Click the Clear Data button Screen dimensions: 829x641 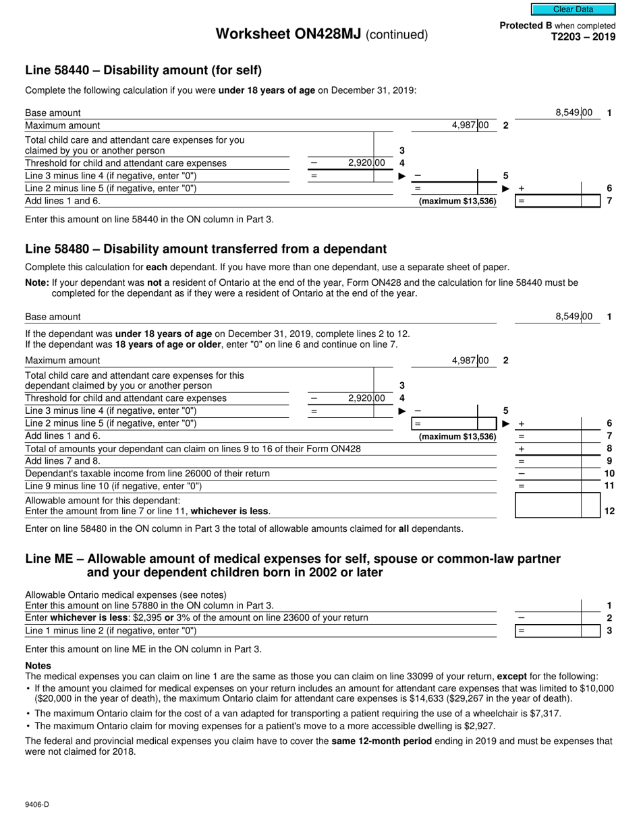[x=573, y=9]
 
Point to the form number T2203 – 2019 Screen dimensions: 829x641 [x=584, y=37]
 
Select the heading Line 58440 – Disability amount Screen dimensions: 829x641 [x=143, y=70]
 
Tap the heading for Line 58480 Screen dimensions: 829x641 [x=206, y=249]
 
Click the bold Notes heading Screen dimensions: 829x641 [x=38, y=665]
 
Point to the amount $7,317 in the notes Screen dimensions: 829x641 [x=545, y=713]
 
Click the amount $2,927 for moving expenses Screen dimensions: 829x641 [x=479, y=726]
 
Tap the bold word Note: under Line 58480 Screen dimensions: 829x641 [x=37, y=283]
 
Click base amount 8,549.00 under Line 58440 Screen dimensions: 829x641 [x=574, y=113]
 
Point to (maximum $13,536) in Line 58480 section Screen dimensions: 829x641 [x=457, y=437]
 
